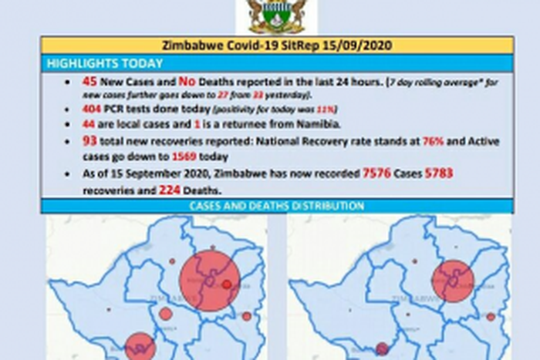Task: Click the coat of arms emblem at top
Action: [276, 16]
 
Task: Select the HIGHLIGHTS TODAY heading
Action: [105, 63]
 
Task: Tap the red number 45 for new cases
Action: [89, 81]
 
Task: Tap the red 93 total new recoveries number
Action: [89, 142]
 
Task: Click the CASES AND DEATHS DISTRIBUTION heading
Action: [276, 207]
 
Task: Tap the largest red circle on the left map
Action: [209, 280]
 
